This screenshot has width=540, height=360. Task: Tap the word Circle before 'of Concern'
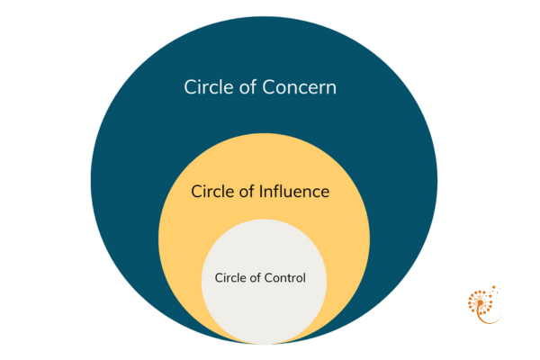(209, 88)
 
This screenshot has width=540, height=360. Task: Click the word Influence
(295, 192)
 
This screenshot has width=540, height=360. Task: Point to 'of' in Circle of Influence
(249, 192)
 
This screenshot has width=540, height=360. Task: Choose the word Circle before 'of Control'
(230, 277)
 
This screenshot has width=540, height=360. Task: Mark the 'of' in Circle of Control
(256, 277)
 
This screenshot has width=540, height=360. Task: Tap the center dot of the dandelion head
(479, 301)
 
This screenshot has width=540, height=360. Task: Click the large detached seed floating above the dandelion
(494, 288)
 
